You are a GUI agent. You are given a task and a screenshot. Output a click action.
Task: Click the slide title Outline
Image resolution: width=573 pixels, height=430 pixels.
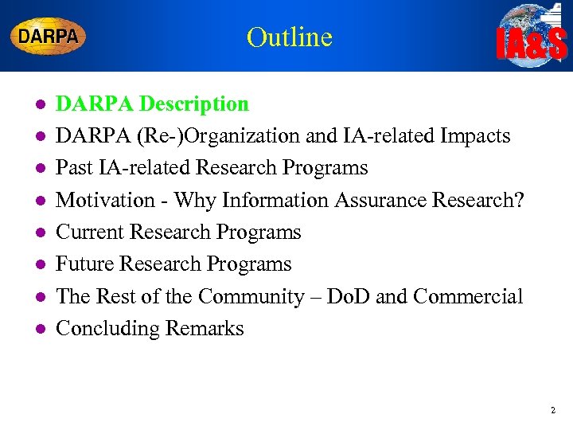tap(289, 37)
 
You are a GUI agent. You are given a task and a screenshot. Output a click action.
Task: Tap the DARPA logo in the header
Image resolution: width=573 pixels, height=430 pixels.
tap(48, 36)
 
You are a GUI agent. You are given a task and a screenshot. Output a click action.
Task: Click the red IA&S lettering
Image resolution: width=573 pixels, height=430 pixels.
tap(532, 45)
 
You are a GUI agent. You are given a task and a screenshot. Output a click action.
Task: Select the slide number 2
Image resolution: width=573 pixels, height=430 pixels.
tap(552, 411)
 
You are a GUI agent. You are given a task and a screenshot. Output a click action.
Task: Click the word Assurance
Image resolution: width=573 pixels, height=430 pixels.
tap(376, 200)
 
